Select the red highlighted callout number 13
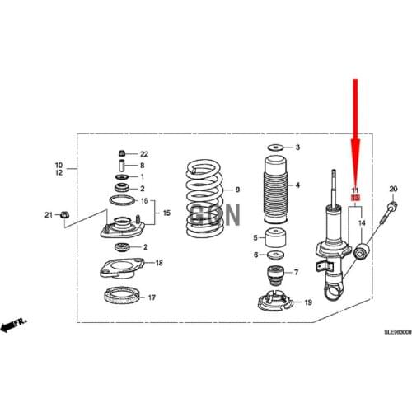tap(355, 199)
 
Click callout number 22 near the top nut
tap(144, 154)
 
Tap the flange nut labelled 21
tap(65, 216)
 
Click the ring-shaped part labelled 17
tap(121, 296)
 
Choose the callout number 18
tap(159, 264)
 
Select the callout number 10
tap(59, 164)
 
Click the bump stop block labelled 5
tap(277, 240)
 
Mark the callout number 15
tap(166, 213)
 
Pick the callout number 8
tap(142, 166)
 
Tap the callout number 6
tap(256, 255)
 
